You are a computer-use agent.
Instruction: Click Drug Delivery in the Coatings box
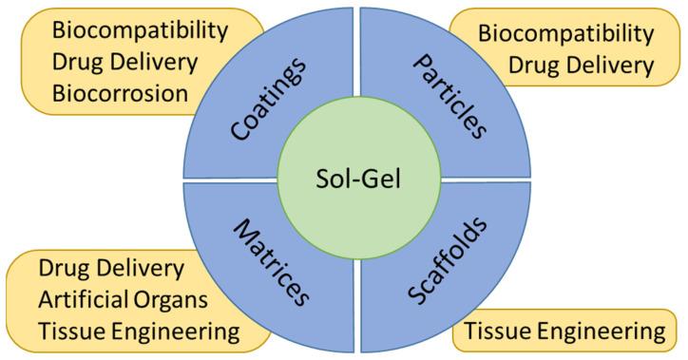[x=124, y=63]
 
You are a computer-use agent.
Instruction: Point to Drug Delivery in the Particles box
[x=581, y=65]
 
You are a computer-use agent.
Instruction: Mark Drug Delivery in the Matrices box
[x=111, y=269]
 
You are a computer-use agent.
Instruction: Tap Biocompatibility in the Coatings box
[x=141, y=30]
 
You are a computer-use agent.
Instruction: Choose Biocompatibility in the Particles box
[x=565, y=33]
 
